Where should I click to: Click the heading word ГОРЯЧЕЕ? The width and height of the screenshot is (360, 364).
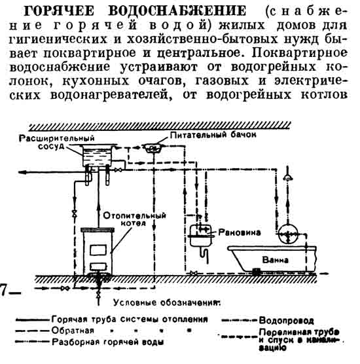click(x=59, y=10)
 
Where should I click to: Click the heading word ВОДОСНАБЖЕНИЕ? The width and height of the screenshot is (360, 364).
click(x=177, y=10)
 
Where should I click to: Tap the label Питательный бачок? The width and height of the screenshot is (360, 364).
click(x=213, y=135)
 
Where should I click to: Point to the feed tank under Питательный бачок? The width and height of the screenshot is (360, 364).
click(x=153, y=148)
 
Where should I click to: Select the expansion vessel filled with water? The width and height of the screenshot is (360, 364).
click(x=98, y=155)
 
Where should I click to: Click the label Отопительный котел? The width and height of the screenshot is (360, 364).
click(x=134, y=219)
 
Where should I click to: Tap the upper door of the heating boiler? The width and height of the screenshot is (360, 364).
click(x=98, y=250)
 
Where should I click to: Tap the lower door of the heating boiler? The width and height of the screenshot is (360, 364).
click(x=98, y=266)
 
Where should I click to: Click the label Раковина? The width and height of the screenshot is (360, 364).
click(x=240, y=232)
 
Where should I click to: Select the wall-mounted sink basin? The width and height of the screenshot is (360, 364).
click(x=201, y=236)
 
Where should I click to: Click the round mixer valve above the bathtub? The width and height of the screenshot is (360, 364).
click(x=288, y=234)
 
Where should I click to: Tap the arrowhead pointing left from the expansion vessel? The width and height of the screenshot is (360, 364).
click(x=22, y=172)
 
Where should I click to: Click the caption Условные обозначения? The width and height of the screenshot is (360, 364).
click(x=166, y=302)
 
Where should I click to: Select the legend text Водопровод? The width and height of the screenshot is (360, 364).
click(x=286, y=320)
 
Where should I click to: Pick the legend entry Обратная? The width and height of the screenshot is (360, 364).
click(x=73, y=331)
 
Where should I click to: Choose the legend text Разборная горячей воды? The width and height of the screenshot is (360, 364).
click(x=108, y=342)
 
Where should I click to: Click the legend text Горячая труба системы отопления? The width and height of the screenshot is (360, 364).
click(x=130, y=319)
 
